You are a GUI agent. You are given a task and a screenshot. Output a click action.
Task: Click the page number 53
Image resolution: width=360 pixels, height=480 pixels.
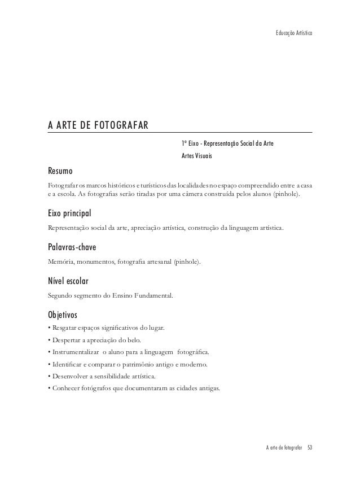pos(310,448)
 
